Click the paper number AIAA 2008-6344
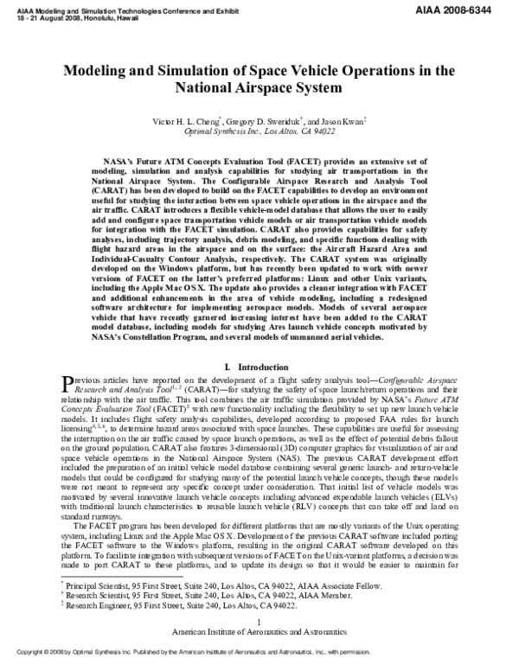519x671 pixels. click(x=472, y=7)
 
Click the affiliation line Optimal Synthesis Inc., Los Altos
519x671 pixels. click(x=259, y=131)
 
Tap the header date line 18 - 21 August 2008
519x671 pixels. click(x=61, y=13)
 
